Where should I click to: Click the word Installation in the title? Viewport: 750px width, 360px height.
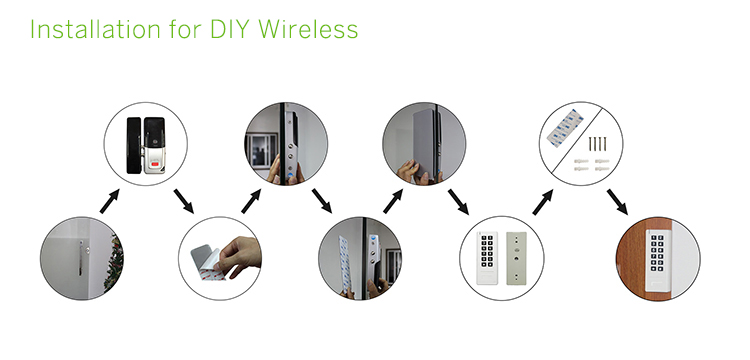(95, 29)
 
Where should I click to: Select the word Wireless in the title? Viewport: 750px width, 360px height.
(309, 29)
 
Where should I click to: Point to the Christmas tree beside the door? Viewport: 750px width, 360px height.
(115, 262)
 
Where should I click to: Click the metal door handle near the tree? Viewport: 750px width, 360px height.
(80, 258)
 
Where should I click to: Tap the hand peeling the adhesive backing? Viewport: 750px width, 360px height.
(239, 257)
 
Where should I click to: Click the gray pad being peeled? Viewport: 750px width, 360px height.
(206, 261)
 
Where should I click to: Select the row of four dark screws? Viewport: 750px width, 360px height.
(597, 144)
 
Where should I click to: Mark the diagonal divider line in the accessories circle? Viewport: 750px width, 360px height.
(581, 143)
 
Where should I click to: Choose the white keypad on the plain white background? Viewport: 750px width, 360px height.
(487, 258)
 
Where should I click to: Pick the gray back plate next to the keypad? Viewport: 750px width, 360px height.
(517, 258)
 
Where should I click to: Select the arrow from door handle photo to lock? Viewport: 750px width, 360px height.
(110, 201)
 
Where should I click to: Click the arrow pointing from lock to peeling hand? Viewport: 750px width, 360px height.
(184, 201)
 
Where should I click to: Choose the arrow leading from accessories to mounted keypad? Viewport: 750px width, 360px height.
(617, 202)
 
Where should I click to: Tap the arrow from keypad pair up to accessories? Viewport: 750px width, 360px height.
(543, 202)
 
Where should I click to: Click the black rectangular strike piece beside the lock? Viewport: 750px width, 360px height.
(133, 145)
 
